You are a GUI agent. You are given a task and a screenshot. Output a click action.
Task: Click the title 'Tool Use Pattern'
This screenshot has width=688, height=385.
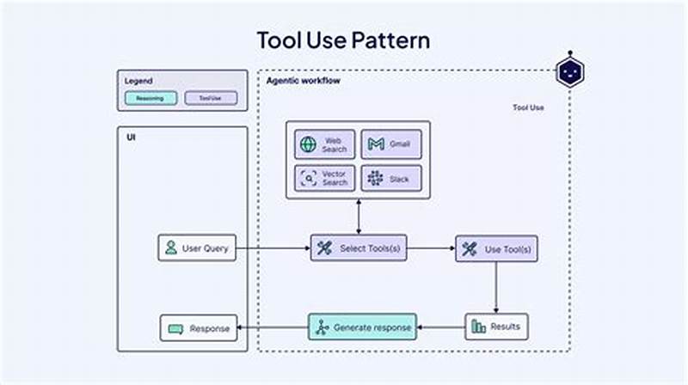click(343, 40)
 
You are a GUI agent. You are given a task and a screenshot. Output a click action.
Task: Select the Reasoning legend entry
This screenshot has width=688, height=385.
click(150, 98)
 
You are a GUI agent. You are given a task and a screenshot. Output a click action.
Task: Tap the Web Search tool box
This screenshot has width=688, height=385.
click(324, 144)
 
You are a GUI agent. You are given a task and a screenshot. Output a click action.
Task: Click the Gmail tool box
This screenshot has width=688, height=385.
click(391, 144)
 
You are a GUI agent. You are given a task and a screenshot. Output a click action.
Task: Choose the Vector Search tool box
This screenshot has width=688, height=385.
click(324, 178)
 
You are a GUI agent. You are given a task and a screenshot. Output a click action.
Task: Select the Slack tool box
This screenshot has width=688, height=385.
click(391, 178)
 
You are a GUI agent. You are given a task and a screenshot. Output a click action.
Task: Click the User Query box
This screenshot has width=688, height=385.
click(197, 248)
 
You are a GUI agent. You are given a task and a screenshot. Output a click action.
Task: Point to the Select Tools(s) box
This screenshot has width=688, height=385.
click(359, 248)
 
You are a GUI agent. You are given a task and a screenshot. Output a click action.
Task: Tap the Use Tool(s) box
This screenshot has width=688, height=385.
click(496, 249)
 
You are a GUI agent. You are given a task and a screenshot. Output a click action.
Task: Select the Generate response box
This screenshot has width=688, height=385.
click(362, 327)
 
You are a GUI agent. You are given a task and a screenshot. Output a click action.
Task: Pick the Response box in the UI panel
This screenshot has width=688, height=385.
click(198, 327)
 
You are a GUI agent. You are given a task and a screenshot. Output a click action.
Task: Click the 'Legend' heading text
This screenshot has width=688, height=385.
click(138, 81)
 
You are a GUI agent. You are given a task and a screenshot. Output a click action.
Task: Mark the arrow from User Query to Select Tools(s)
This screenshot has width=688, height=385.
click(273, 248)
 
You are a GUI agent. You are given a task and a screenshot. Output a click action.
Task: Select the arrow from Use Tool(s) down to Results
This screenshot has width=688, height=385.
click(496, 287)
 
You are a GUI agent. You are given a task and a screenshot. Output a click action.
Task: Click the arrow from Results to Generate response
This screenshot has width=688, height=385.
click(441, 327)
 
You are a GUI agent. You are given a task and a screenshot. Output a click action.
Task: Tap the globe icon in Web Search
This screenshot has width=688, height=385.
click(308, 144)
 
